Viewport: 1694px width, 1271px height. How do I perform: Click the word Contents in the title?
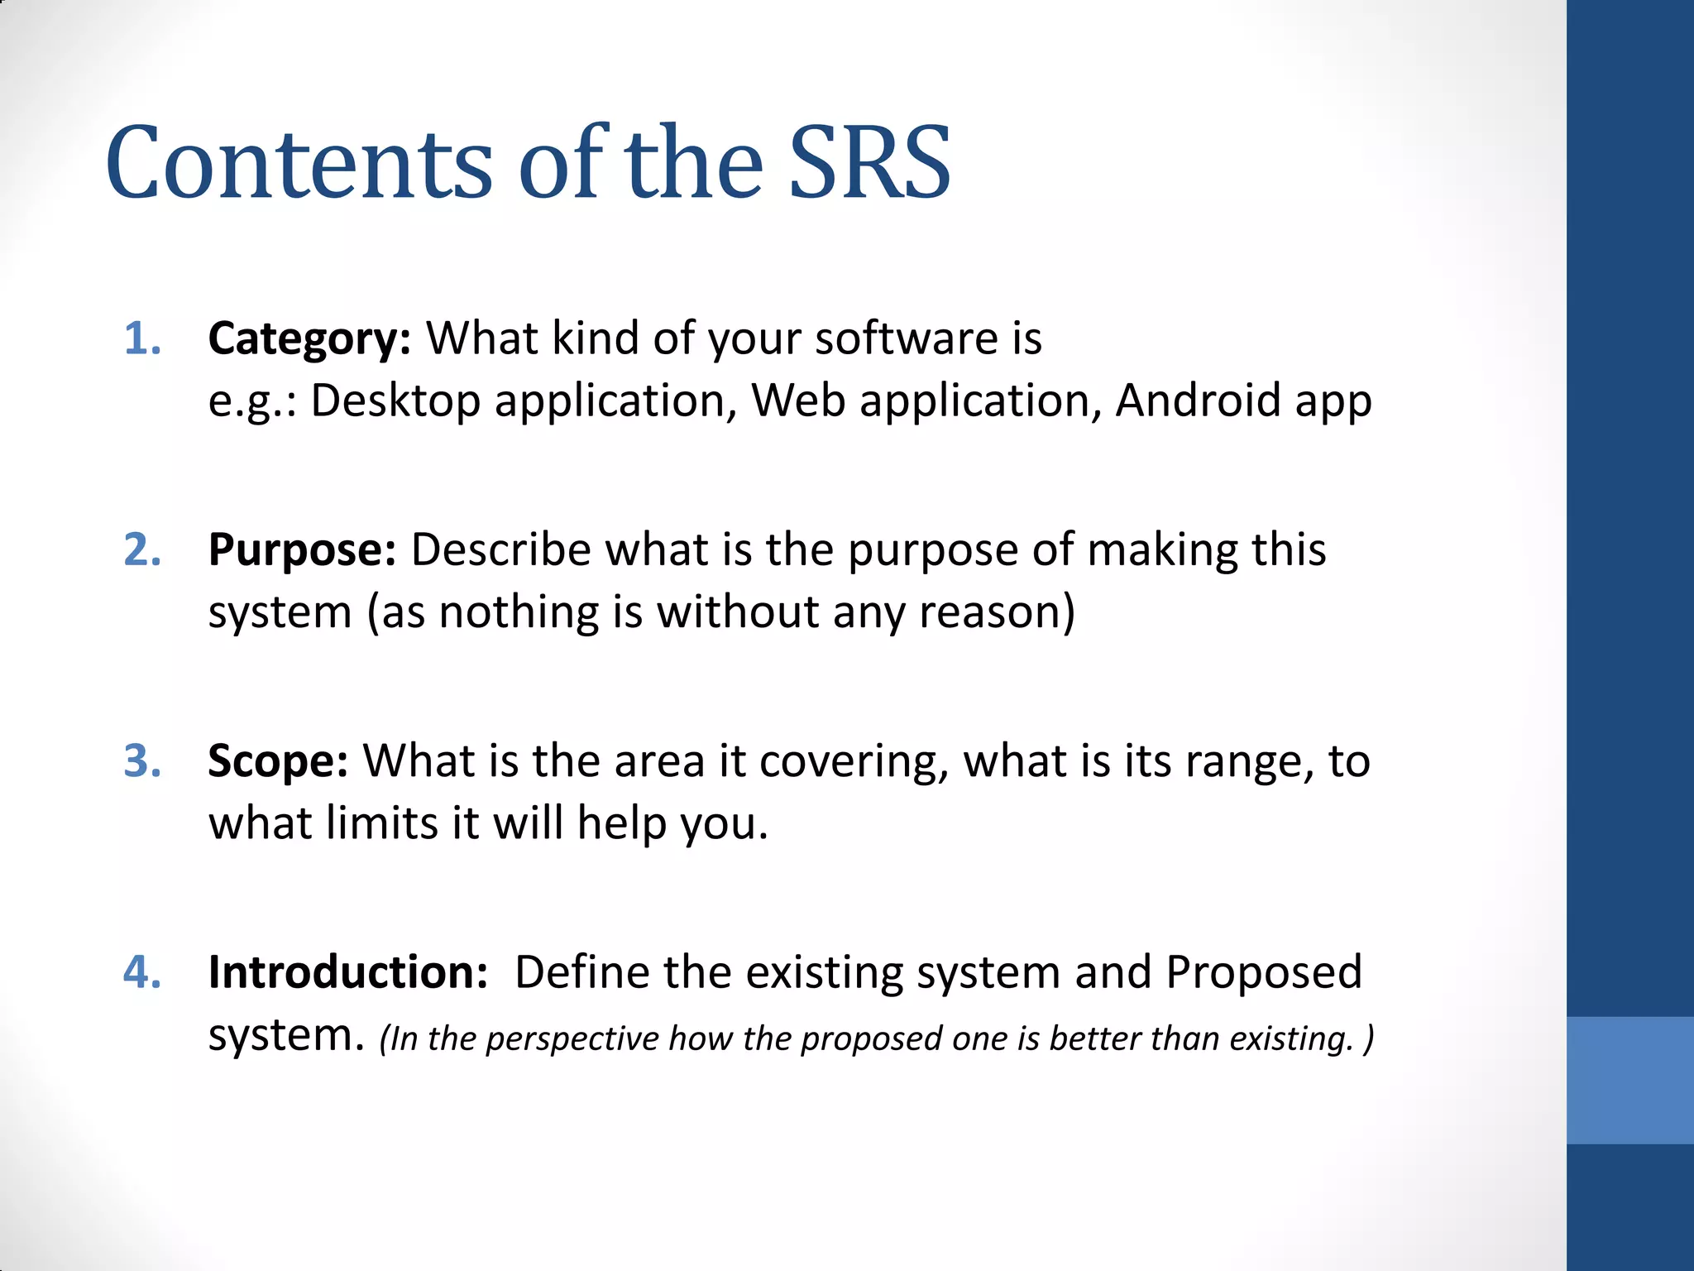click(x=299, y=163)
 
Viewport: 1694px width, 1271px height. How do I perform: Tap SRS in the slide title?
click(x=869, y=163)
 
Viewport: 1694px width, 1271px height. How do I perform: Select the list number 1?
click(x=141, y=339)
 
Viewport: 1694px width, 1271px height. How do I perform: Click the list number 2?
click(x=141, y=550)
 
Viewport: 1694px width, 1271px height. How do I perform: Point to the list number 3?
click(x=141, y=761)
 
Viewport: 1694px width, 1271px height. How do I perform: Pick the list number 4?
click(x=141, y=972)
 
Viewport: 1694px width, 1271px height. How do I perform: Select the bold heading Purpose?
click(x=302, y=550)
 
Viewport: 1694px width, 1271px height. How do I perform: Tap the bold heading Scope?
click(x=278, y=761)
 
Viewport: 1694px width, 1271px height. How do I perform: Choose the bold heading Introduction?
click(x=348, y=972)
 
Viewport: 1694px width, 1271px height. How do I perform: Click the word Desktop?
click(x=395, y=401)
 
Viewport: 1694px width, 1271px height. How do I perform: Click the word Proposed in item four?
click(x=1263, y=972)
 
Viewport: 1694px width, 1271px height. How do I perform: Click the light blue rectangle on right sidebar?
click(x=1629, y=1080)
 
